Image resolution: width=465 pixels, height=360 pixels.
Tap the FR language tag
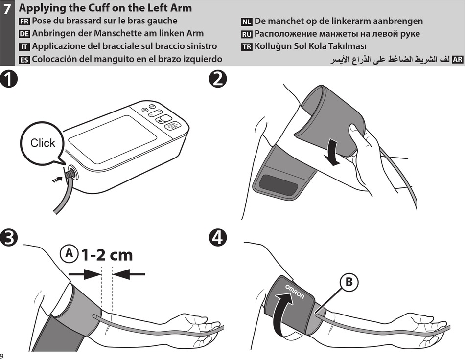click(24, 22)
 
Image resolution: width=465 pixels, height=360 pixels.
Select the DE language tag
click(24, 34)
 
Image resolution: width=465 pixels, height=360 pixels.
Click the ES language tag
click(24, 60)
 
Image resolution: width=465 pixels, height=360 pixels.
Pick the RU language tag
click(247, 34)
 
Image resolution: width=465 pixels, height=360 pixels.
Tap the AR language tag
click(457, 60)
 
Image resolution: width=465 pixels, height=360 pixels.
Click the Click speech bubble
click(43, 143)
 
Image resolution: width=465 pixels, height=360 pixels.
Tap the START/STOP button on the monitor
click(172, 126)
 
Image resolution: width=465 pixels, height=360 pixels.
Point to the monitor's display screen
click(113, 133)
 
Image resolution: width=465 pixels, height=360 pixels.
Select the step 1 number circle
click(9, 80)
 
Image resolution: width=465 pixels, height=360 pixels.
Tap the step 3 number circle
click(9, 238)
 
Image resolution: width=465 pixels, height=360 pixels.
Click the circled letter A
click(69, 254)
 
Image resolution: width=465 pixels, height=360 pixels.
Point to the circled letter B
click(349, 282)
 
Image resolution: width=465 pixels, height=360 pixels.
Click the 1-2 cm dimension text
click(107, 255)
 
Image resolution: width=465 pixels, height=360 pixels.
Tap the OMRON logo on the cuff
click(295, 292)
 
